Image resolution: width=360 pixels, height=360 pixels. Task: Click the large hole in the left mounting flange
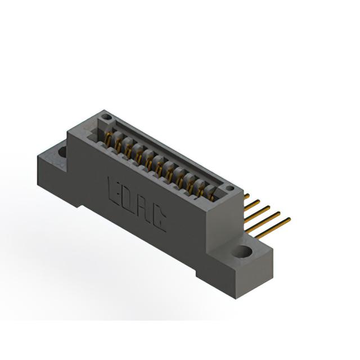click(x=62, y=152)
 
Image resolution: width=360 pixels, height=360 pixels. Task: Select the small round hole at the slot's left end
click(x=106, y=117)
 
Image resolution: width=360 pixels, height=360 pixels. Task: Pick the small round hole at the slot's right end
click(x=230, y=188)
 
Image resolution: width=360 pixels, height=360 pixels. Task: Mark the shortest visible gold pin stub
click(x=246, y=196)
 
